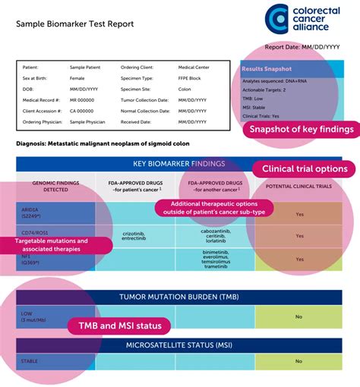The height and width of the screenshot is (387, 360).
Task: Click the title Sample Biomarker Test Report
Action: pos(75,24)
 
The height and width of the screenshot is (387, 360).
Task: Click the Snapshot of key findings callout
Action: pos(302,129)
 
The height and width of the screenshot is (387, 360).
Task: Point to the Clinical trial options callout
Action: pos(304,168)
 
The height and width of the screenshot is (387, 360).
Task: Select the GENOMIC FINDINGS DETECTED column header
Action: pos(55,186)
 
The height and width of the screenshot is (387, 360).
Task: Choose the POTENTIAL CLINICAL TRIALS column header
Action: pos(299,186)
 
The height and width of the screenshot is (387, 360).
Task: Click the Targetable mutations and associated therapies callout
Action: pos(57,245)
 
